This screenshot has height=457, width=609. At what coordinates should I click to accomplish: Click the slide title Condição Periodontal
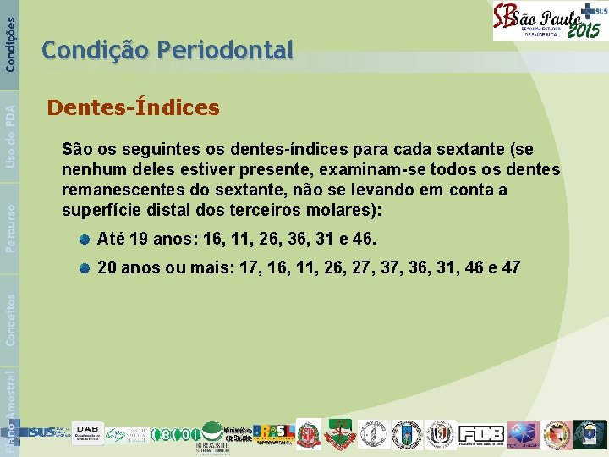pos(167,51)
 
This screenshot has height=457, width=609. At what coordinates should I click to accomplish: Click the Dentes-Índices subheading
pos(134,108)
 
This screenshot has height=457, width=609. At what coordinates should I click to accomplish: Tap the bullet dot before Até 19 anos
pos(85,240)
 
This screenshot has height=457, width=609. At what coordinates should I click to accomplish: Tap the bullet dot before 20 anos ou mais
pos(85,268)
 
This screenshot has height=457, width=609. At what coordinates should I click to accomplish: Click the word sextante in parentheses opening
pos(471,150)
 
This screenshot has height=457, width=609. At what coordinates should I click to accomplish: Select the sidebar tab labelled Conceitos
pos(10,318)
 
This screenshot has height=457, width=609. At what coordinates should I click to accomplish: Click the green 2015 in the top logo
pos(583,30)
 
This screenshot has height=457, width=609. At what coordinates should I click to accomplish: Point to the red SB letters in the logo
pos(506,19)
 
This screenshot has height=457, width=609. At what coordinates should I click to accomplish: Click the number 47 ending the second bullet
pos(511,268)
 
